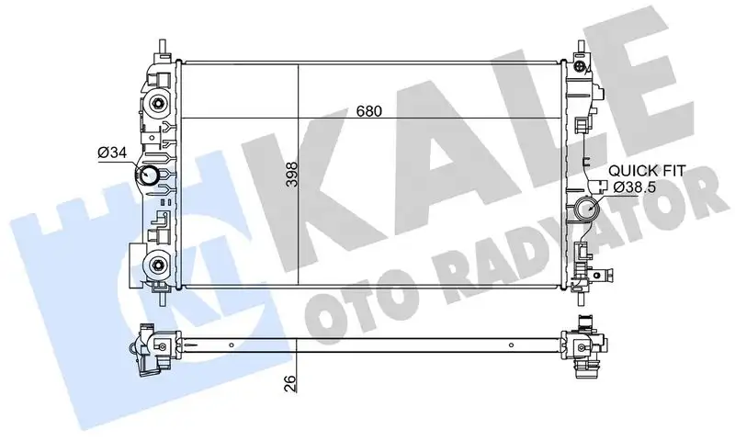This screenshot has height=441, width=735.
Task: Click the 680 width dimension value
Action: click(x=367, y=109)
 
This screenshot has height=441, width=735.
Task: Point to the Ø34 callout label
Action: click(x=110, y=153)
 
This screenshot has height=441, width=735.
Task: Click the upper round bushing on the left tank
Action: click(x=159, y=104)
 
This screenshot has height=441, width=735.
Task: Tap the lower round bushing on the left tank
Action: click(x=159, y=266)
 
